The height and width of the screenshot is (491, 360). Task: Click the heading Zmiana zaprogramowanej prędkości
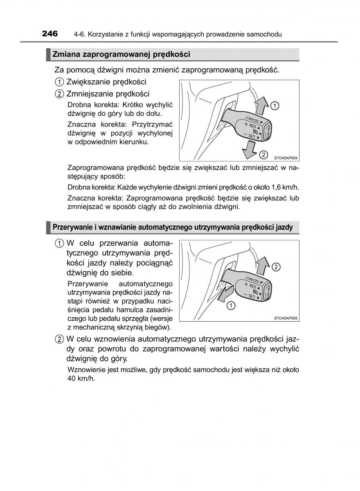(x=121, y=54)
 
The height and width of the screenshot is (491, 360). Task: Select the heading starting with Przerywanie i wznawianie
(x=172, y=227)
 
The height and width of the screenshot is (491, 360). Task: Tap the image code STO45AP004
(x=285, y=158)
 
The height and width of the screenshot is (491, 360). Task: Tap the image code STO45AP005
(x=285, y=318)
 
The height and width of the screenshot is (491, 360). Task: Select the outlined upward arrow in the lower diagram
(x=260, y=265)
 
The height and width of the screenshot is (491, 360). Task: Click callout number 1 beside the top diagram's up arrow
(x=275, y=106)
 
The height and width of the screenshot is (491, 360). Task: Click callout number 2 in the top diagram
(x=264, y=154)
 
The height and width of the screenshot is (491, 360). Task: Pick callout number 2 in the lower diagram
(x=276, y=267)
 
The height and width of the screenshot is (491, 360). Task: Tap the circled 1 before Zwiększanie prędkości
(x=60, y=82)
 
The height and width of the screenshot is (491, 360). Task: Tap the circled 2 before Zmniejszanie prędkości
(x=60, y=94)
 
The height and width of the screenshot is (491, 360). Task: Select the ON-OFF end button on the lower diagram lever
(x=269, y=291)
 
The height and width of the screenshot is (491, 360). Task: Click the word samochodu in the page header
(x=264, y=34)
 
